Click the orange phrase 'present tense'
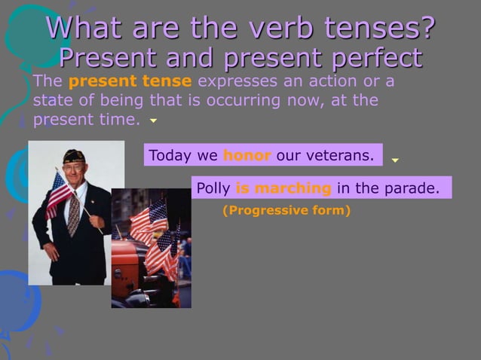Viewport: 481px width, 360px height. pyautogui.click(x=130, y=81)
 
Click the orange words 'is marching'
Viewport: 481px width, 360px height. pyautogui.click(x=283, y=188)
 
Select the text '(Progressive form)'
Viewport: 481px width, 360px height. pyautogui.click(x=286, y=211)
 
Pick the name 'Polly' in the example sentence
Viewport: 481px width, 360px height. pyautogui.click(x=213, y=188)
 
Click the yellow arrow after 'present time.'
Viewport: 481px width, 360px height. pyautogui.click(x=153, y=121)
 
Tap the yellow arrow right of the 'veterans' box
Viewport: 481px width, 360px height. pyautogui.click(x=394, y=160)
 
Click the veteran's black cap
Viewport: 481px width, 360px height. pyautogui.click(x=74, y=156)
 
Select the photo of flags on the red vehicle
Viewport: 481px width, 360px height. pyautogui.click(x=152, y=249)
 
